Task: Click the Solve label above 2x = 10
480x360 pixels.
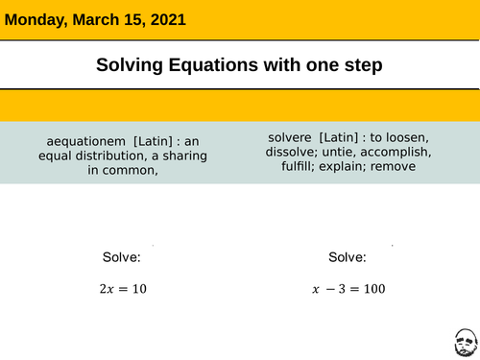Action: (x=122, y=257)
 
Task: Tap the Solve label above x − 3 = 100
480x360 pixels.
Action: (x=347, y=257)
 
